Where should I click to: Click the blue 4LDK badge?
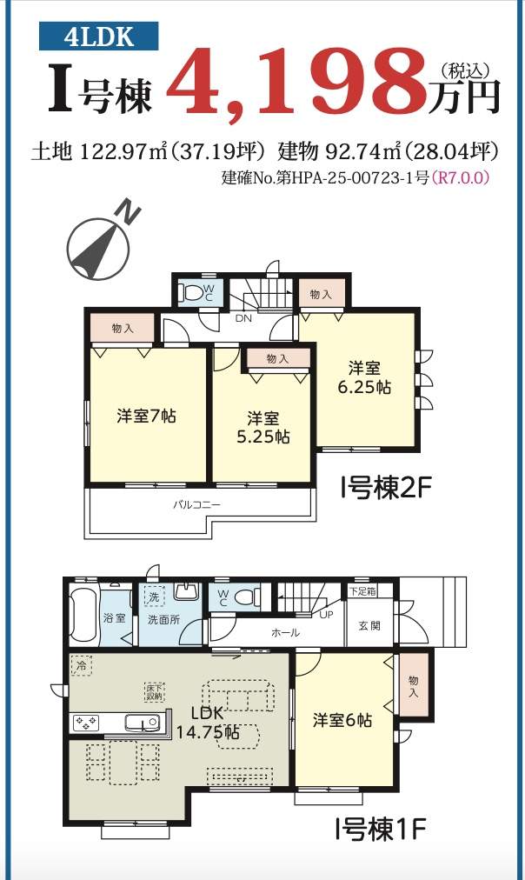point(99,37)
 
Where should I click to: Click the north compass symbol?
point(102,245)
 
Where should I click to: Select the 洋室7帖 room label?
point(146,416)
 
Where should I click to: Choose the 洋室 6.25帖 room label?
point(364,377)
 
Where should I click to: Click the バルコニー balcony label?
point(196,504)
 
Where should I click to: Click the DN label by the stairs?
point(243,318)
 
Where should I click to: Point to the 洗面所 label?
point(163,620)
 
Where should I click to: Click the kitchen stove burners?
point(84,723)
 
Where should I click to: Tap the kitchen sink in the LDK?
point(142,723)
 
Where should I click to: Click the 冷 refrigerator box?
point(82,666)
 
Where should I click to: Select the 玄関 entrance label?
point(369,626)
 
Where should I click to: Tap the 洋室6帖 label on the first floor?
point(342,720)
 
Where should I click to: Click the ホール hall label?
point(285,632)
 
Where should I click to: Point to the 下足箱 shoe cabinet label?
point(363,591)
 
